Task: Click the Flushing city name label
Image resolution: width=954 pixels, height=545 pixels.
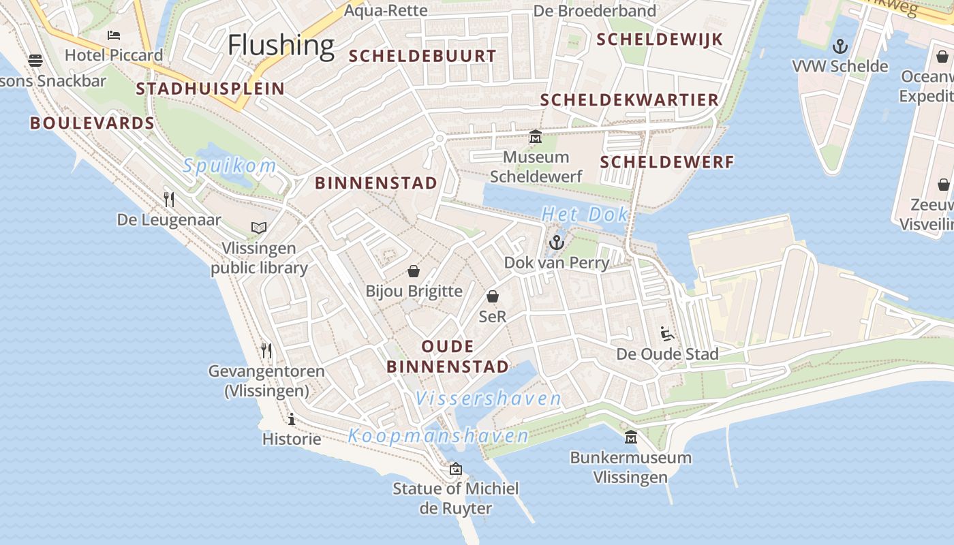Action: (x=281, y=45)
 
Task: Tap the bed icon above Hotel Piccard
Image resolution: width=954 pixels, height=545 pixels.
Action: (x=114, y=35)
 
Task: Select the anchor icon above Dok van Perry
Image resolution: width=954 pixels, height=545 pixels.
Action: (x=557, y=242)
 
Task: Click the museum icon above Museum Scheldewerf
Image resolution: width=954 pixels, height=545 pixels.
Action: (x=536, y=137)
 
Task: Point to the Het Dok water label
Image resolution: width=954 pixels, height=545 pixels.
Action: (x=585, y=215)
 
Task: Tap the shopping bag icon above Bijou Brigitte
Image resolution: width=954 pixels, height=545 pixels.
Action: (x=413, y=271)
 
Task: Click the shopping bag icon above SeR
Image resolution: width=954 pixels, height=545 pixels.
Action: (x=493, y=296)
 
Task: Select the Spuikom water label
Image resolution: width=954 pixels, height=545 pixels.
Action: (x=230, y=166)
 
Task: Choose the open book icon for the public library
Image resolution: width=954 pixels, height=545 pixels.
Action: (x=259, y=228)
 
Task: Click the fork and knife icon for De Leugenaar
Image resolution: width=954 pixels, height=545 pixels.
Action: (x=169, y=199)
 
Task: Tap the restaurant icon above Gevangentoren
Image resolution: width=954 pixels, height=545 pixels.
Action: (x=266, y=351)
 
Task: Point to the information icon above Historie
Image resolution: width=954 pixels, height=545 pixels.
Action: (x=292, y=419)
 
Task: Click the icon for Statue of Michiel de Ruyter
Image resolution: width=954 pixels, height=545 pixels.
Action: (x=455, y=469)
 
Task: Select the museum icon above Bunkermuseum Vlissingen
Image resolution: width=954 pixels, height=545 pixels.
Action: (x=631, y=437)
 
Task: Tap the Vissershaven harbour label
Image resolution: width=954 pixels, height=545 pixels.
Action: (x=489, y=399)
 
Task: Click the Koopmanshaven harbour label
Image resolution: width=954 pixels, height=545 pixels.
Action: (x=438, y=435)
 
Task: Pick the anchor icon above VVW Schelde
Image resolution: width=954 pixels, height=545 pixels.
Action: (x=840, y=46)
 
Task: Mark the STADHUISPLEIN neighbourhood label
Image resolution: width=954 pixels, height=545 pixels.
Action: (x=210, y=89)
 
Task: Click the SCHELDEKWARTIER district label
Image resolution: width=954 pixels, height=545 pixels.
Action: (x=630, y=100)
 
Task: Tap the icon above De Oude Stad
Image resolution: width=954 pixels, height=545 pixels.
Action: (x=667, y=334)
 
